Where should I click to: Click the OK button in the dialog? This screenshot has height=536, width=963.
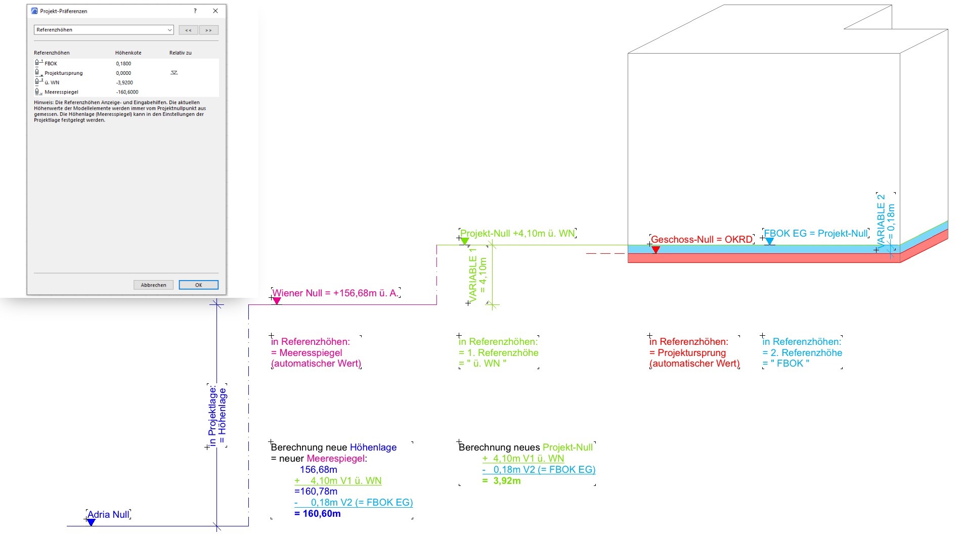tap(198, 285)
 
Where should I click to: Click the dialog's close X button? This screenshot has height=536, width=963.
tap(215, 11)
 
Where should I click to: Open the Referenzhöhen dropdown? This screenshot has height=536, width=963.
tap(104, 30)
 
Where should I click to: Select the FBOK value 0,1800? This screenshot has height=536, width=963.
tap(123, 64)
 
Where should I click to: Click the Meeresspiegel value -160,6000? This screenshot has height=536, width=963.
tap(127, 92)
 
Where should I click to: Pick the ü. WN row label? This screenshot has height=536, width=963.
tap(52, 82)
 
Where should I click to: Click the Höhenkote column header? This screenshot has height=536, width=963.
tap(128, 53)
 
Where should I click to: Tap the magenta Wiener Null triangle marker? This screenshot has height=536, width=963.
tap(277, 301)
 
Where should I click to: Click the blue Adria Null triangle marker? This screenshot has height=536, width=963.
tap(91, 522)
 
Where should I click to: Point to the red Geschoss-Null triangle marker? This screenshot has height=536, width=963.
tap(655, 250)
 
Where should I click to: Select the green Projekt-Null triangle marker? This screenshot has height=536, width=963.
tap(465, 241)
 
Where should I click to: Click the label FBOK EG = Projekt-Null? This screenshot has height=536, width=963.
tap(815, 233)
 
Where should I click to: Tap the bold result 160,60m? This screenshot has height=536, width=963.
tap(321, 514)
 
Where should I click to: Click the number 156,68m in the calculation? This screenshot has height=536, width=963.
tap(318, 470)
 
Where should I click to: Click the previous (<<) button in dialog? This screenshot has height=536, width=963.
tap(188, 30)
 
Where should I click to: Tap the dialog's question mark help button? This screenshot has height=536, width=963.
tap(195, 11)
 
